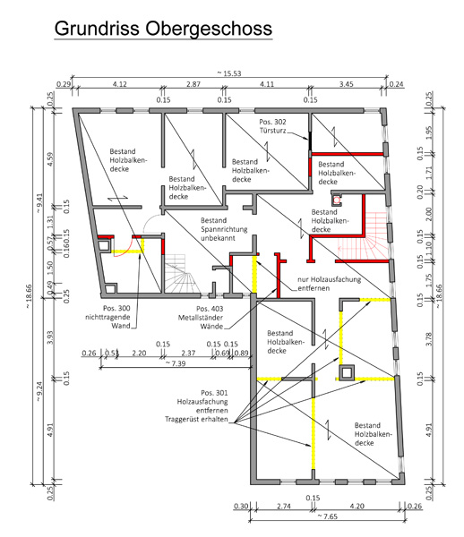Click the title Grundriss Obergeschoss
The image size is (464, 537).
point(163,29)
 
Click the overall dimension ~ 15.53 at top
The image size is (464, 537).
point(229,73)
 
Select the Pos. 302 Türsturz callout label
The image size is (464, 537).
point(272,126)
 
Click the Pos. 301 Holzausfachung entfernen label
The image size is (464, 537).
point(197,405)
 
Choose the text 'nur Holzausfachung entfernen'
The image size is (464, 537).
point(329,284)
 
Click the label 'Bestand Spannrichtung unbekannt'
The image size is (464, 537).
point(224,229)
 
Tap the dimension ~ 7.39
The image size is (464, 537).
point(176,363)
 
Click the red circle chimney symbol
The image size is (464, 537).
point(337,200)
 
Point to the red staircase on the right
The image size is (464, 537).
point(364,236)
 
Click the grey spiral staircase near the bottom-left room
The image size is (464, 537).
point(180,273)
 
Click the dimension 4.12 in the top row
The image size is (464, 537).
point(120,84)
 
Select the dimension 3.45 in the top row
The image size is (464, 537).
point(346,84)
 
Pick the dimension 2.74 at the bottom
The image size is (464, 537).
point(284,506)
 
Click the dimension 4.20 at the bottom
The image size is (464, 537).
point(357,506)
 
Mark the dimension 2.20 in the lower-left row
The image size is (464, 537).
point(139,353)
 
